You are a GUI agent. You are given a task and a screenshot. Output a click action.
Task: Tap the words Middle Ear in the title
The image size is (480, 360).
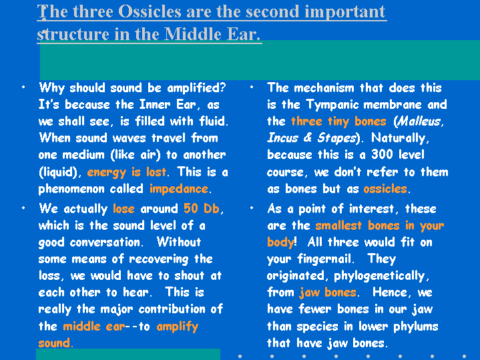tap(212, 33)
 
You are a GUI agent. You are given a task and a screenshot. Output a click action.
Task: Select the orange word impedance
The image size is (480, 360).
tap(179, 189)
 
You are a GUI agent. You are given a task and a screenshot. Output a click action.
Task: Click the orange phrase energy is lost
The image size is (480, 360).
tap(127, 172)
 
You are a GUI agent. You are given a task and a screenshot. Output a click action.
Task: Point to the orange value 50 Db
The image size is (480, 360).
tap(202, 208)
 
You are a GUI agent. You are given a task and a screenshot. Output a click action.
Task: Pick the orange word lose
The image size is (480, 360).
tap(124, 208)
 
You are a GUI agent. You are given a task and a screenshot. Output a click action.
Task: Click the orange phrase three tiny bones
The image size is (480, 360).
tap(338, 122)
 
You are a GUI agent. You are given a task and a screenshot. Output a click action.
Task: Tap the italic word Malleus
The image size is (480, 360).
tap(419, 122)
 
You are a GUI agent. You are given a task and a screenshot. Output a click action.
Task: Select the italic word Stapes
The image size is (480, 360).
tap(336, 138)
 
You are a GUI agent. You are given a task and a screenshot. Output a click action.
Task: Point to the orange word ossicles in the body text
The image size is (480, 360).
tap(385, 189)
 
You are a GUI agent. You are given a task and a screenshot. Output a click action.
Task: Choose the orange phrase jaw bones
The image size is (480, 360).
tap(328, 293)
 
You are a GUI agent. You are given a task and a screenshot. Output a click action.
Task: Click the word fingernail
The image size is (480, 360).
tap(324, 260)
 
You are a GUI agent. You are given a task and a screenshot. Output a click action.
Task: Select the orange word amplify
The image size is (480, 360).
tap(177, 327)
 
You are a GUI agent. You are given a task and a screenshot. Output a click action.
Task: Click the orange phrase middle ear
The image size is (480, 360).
tap(94, 327)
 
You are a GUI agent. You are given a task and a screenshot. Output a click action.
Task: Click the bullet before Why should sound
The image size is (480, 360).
tap(23, 87)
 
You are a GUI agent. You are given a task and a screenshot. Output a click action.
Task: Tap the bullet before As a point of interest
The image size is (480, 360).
tap(252, 208)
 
